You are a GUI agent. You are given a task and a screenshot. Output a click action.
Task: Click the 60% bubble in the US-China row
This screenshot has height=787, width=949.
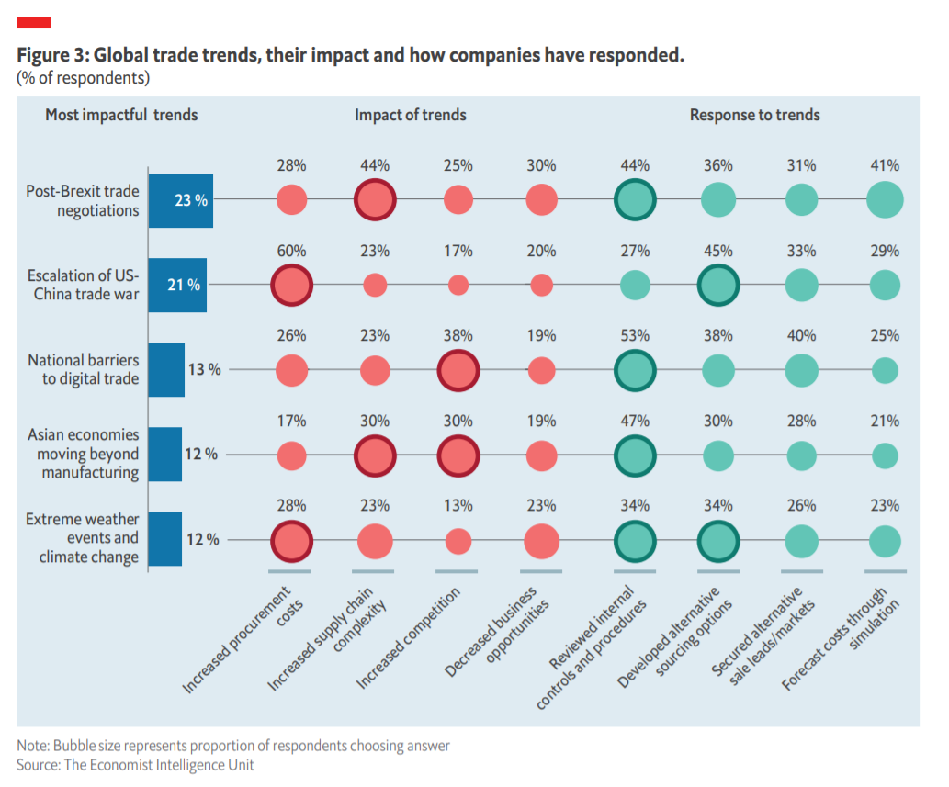[x=291, y=285]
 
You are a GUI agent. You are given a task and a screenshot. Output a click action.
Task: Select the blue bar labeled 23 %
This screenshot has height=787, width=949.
[x=180, y=200]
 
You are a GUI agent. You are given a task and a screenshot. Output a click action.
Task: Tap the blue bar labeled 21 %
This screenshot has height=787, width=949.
[x=177, y=285]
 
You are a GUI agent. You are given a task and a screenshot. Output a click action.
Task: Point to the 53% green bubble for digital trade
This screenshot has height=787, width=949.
[x=634, y=370]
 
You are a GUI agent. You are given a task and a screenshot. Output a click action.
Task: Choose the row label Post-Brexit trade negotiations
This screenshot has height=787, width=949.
[x=84, y=200]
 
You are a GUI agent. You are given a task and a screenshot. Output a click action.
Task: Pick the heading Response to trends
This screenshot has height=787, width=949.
[x=754, y=115]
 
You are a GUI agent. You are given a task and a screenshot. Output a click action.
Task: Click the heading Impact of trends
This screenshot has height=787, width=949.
[x=410, y=115]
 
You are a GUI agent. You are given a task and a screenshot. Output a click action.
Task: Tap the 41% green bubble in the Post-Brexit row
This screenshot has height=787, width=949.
[x=885, y=200]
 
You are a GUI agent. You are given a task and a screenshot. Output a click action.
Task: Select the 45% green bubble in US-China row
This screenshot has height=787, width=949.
[x=718, y=285]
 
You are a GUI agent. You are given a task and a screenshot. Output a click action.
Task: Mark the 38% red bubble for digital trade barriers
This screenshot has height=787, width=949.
[x=458, y=370]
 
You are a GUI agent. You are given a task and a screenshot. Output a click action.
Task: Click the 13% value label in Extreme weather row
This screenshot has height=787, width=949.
[x=458, y=505]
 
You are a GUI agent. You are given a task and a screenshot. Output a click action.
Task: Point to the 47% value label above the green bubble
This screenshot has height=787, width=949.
[x=635, y=421]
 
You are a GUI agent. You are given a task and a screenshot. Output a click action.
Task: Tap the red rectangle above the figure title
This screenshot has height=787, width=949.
[x=33, y=22]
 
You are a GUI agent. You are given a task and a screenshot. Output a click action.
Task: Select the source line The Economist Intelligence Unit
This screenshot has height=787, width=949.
[x=135, y=764]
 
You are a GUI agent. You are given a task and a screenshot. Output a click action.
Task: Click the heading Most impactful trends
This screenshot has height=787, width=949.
[x=121, y=115]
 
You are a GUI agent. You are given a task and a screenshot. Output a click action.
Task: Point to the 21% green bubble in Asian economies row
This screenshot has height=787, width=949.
[x=885, y=455]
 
